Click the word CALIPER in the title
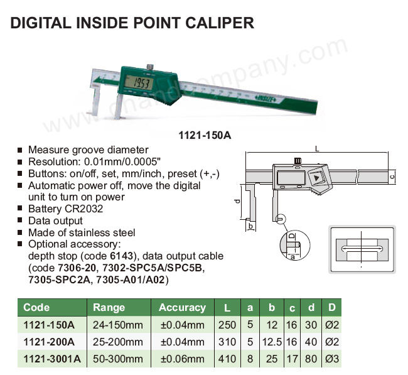tap(219, 23)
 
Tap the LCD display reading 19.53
tap(139, 84)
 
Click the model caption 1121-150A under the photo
tap(205, 135)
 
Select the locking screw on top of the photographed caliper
tap(149, 67)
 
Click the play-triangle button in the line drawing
tap(316, 178)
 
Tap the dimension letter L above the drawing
tap(316, 149)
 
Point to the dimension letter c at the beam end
tap(392, 177)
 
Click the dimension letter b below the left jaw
tap(250, 226)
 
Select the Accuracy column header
tap(182, 308)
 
